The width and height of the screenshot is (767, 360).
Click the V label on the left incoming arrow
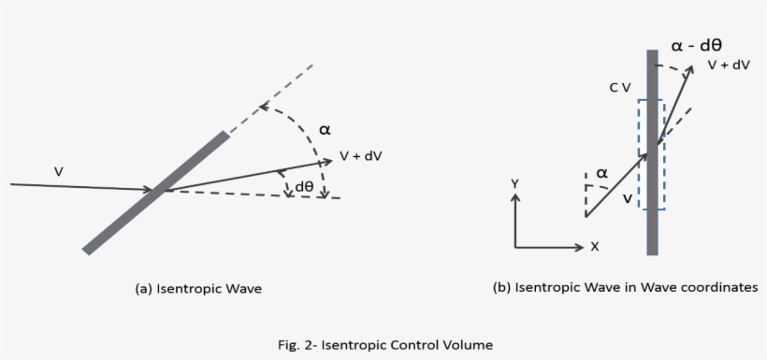pos(59,171)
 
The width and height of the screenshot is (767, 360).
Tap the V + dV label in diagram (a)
pos(362,157)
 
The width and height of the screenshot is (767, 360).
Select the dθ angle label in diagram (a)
pos(304,186)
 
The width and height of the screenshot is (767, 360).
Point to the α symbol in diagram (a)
pos(325,130)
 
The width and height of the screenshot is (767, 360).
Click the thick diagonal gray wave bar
pos(155,193)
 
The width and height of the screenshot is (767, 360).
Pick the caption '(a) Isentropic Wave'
pos(199,289)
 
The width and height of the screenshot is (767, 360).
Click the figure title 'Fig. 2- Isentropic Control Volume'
pos(383,344)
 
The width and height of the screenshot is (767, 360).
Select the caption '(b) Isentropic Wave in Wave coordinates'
pos(625,288)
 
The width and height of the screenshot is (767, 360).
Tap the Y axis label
pos(514,185)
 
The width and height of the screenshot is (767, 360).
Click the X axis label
pos(594,247)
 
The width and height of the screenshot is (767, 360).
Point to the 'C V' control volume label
pos(619,87)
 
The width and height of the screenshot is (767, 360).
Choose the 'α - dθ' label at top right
pos(700,43)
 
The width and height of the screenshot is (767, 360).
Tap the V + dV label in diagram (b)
pos(730,65)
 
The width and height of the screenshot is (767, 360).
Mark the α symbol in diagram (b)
pos(601,173)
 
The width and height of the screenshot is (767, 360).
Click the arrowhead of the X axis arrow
pos(580,247)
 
